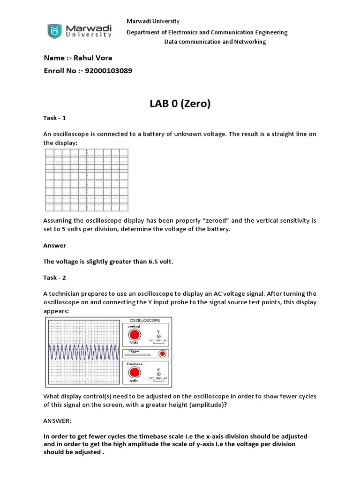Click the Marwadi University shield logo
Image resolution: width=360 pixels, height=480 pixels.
(x=55, y=31)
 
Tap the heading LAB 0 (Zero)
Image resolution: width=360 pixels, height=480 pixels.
(x=180, y=104)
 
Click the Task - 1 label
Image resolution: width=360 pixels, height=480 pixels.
(x=55, y=119)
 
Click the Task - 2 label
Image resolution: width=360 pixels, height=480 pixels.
(x=55, y=277)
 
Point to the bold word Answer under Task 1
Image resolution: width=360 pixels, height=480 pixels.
(x=55, y=246)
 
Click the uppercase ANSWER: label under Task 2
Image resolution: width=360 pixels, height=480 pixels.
(x=57, y=421)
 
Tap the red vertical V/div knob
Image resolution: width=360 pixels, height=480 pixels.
(x=135, y=335)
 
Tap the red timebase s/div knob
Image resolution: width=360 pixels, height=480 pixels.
(x=135, y=373)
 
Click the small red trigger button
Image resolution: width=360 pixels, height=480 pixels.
(x=163, y=353)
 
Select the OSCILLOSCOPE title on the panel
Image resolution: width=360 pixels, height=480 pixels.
(x=146, y=320)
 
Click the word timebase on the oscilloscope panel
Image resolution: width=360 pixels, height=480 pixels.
(x=135, y=363)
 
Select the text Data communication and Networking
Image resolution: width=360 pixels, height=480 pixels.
(x=215, y=42)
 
